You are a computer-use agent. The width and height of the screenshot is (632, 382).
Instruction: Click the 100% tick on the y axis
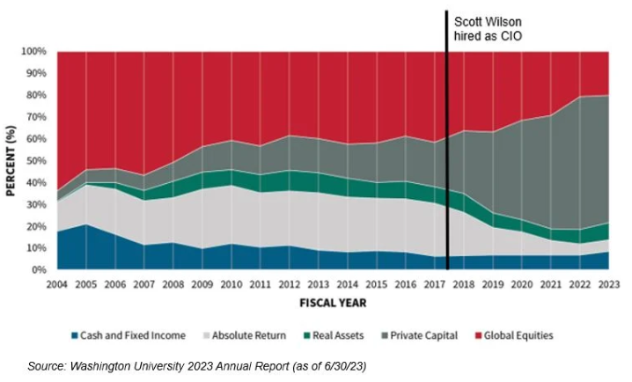tap(33, 51)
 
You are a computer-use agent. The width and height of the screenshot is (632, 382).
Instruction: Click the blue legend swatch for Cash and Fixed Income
tap(72, 335)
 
